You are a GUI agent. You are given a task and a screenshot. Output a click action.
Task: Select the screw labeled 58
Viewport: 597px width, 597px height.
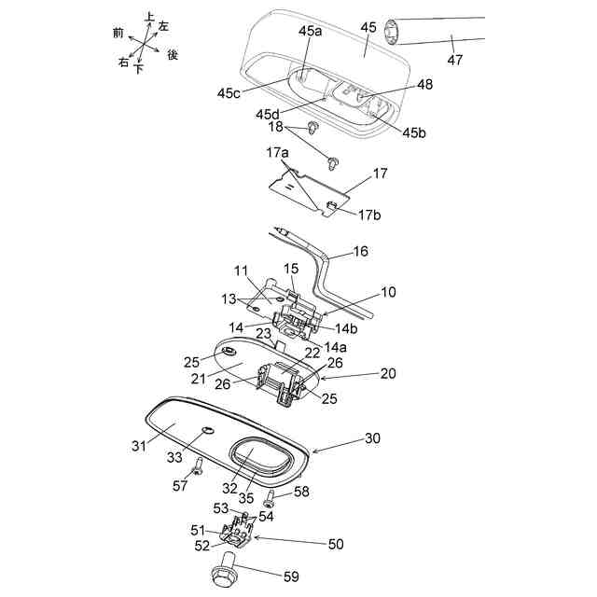[268, 495]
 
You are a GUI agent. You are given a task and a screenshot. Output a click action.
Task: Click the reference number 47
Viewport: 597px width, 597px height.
[454, 60]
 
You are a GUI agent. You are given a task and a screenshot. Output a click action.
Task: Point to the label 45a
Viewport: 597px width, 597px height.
[310, 31]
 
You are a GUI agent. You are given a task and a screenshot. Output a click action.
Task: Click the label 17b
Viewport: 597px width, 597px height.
[367, 215]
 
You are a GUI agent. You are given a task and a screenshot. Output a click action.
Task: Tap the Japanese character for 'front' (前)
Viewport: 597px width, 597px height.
[118, 33]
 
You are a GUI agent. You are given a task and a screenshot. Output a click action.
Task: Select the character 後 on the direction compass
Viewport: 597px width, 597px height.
[173, 55]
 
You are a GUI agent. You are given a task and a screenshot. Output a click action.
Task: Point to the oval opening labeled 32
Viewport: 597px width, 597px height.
[257, 458]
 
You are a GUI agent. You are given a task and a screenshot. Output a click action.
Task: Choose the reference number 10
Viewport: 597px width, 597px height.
[388, 292]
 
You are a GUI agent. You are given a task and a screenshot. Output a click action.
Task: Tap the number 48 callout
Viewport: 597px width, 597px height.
[425, 85]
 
